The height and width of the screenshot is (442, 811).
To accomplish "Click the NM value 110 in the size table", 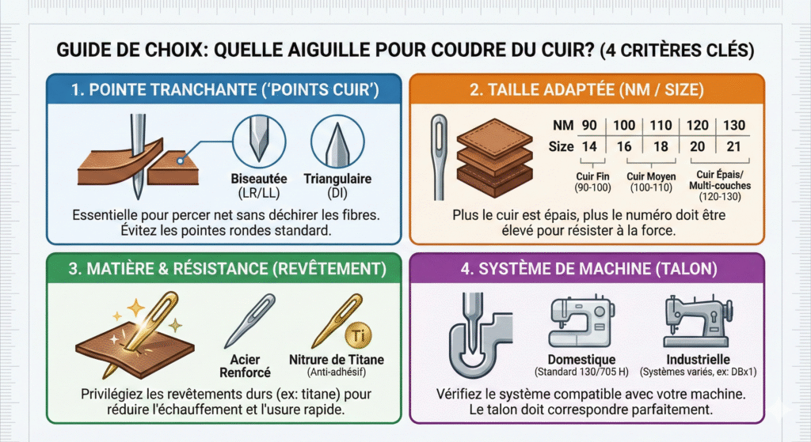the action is (x=661, y=126).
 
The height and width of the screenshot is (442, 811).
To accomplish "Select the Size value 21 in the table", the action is (x=733, y=146).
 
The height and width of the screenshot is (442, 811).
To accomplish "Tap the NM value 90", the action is (x=589, y=126).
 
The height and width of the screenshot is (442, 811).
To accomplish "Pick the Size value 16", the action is (x=624, y=146).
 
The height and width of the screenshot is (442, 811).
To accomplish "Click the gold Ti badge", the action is (x=359, y=335).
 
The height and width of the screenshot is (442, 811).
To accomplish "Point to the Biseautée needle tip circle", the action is (x=259, y=141).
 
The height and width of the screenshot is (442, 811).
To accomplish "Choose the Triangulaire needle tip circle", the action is (x=337, y=142).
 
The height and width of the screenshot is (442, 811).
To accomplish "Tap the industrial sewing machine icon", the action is (x=698, y=321).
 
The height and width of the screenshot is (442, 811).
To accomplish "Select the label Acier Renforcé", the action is (x=246, y=366).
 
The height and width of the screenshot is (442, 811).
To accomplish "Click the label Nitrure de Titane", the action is (x=336, y=360).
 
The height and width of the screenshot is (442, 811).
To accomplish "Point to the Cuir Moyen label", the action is (x=651, y=176).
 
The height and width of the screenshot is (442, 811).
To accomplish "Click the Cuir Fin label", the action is (x=592, y=176).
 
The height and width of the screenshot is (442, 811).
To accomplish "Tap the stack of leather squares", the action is (x=494, y=157).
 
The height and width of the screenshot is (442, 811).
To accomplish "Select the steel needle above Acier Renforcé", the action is (x=249, y=321).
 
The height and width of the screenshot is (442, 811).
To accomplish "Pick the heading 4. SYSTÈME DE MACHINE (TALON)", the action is (x=588, y=269).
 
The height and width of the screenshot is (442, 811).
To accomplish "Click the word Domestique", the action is (x=582, y=360).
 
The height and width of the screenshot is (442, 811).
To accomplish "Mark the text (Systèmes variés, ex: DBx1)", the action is (x=699, y=372).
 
